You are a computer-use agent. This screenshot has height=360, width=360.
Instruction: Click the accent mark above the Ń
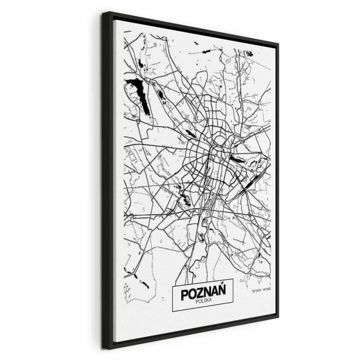[222, 288]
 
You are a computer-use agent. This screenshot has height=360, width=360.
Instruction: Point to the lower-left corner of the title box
[173, 310]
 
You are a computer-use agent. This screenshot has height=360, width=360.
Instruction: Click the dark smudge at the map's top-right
[249, 54]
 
